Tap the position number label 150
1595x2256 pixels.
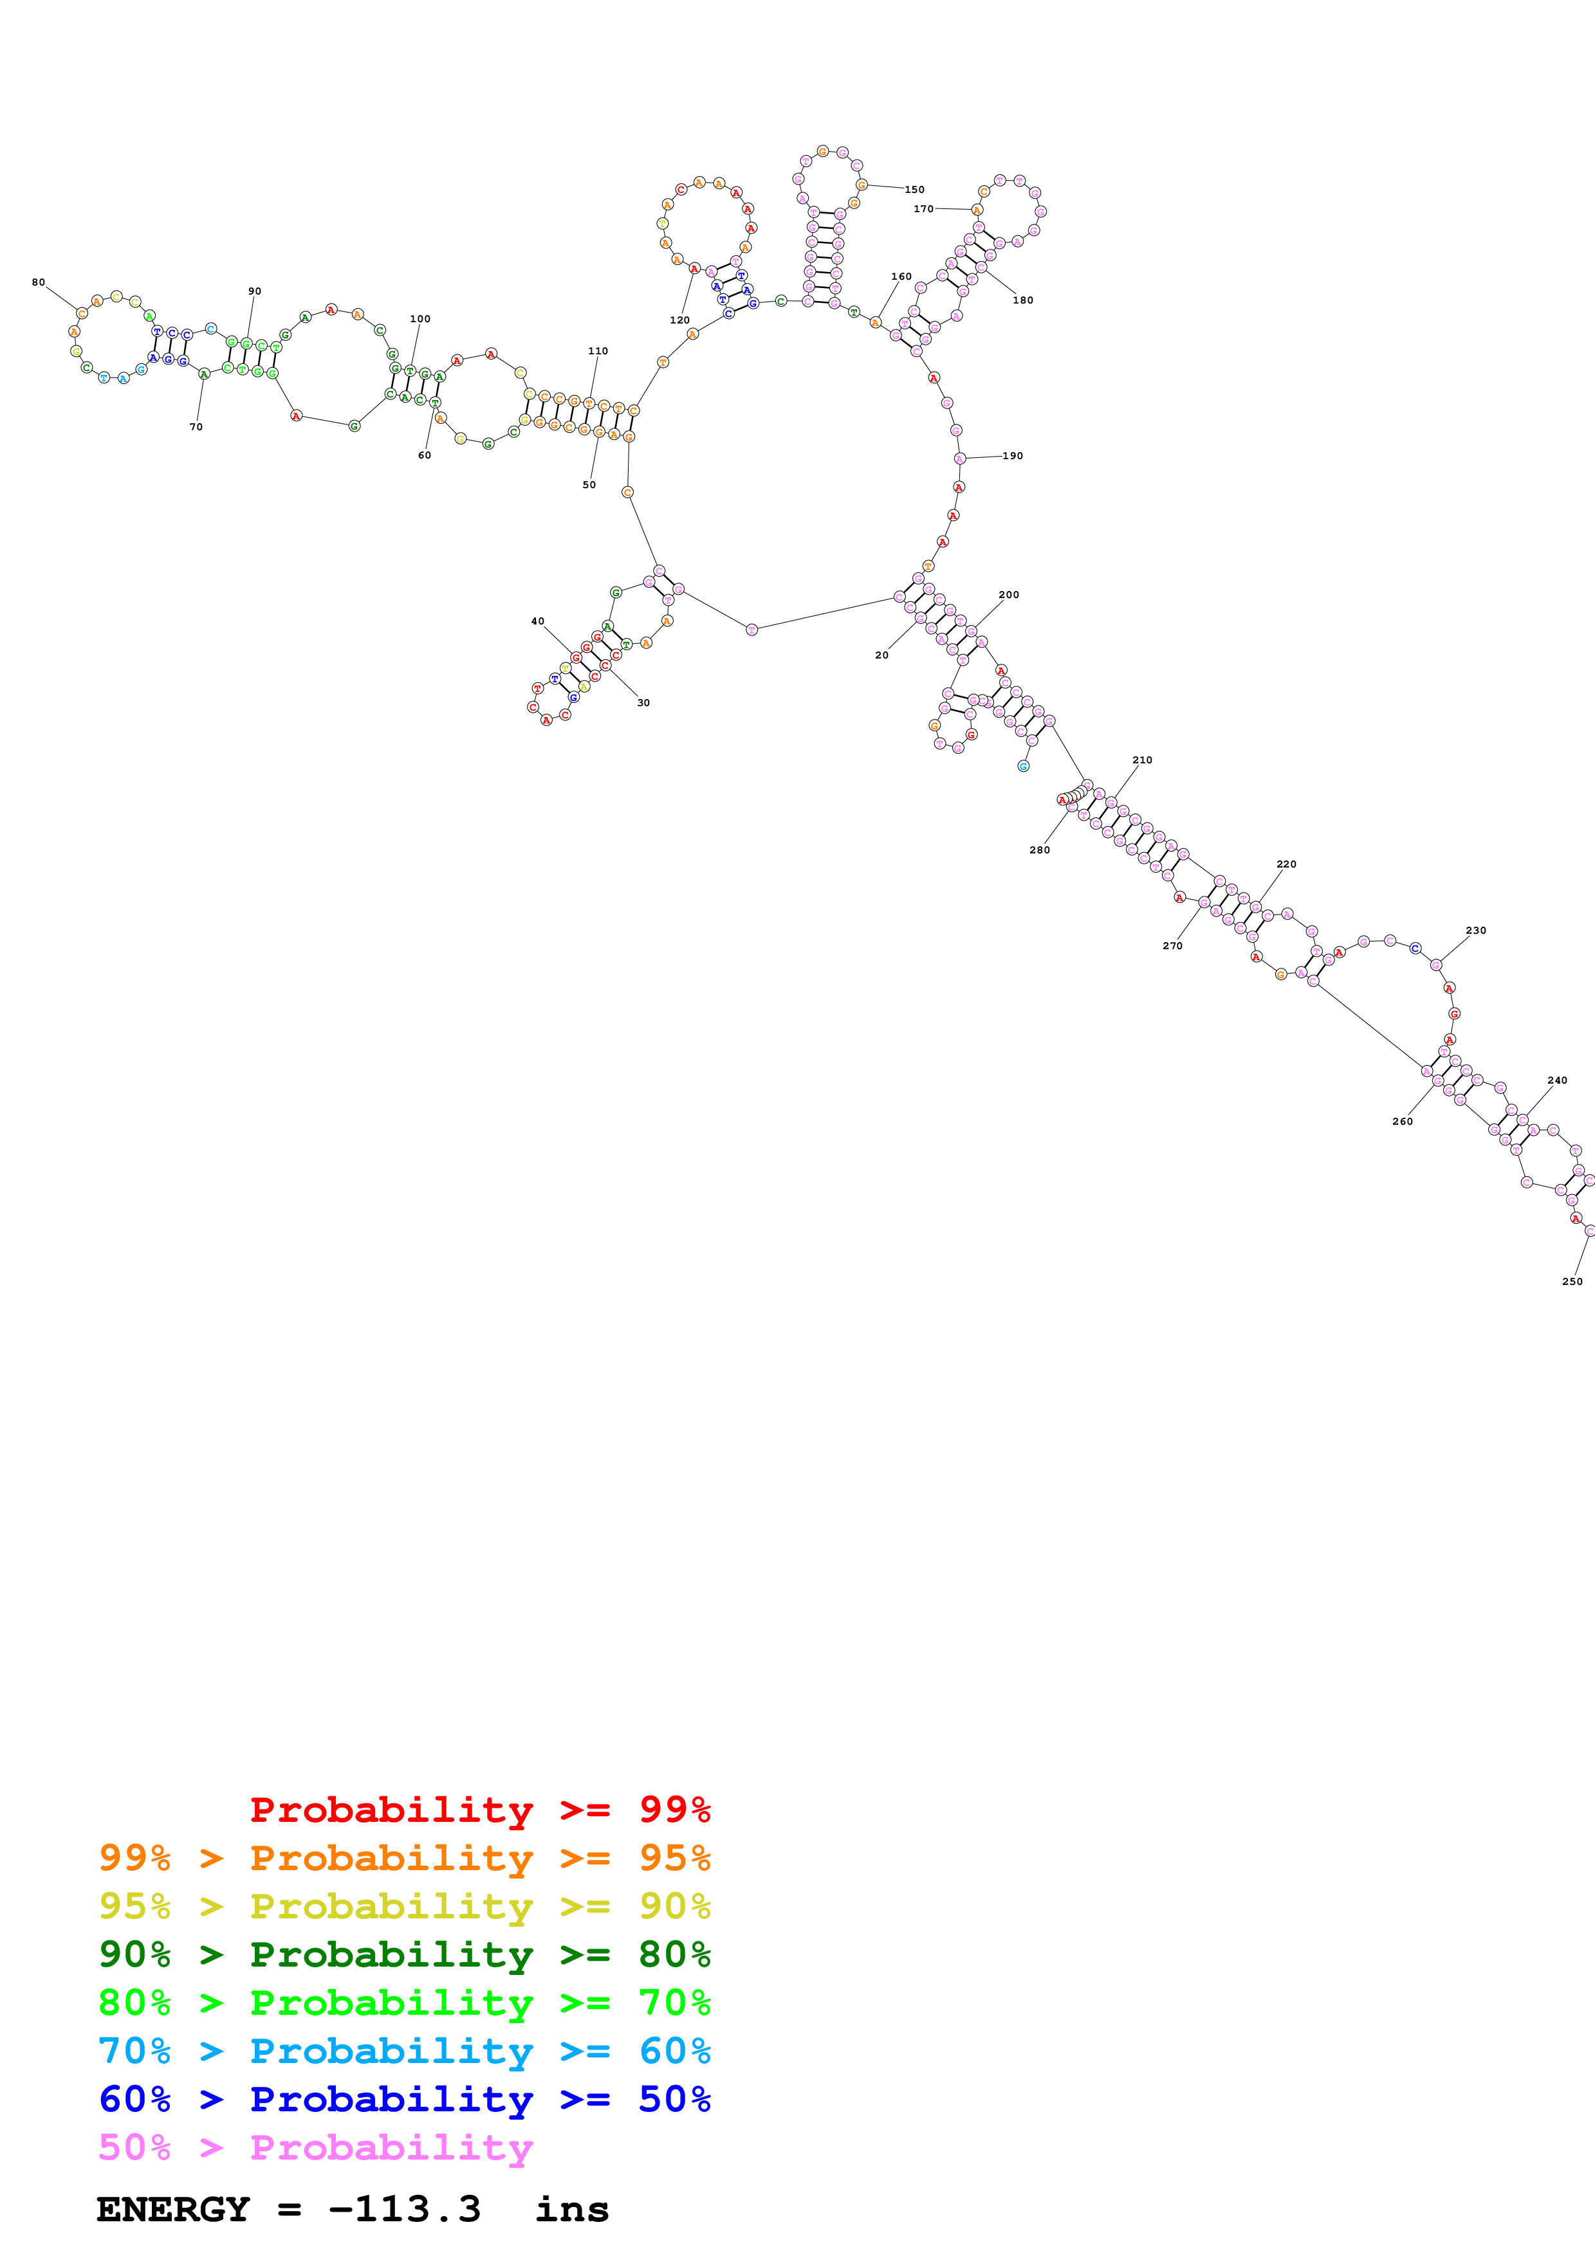tap(914, 190)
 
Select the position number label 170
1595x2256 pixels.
tap(923, 209)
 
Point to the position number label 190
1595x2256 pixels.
tap(1012, 456)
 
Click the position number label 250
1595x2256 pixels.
tap(1571, 1281)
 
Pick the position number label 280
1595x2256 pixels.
tap(1038, 850)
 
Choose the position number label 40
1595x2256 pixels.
tap(537, 622)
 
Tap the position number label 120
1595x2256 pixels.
tap(679, 320)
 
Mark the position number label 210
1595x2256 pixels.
tap(1142, 761)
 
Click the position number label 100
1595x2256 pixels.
tap(419, 320)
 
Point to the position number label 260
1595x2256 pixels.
tap(1403, 1121)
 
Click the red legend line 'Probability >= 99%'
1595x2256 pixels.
tap(479, 1809)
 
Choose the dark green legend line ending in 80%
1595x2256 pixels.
tap(404, 1953)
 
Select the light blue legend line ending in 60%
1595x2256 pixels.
tap(404, 2051)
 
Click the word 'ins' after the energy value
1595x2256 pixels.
tap(572, 2209)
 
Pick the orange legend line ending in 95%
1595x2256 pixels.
tap(404, 1857)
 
